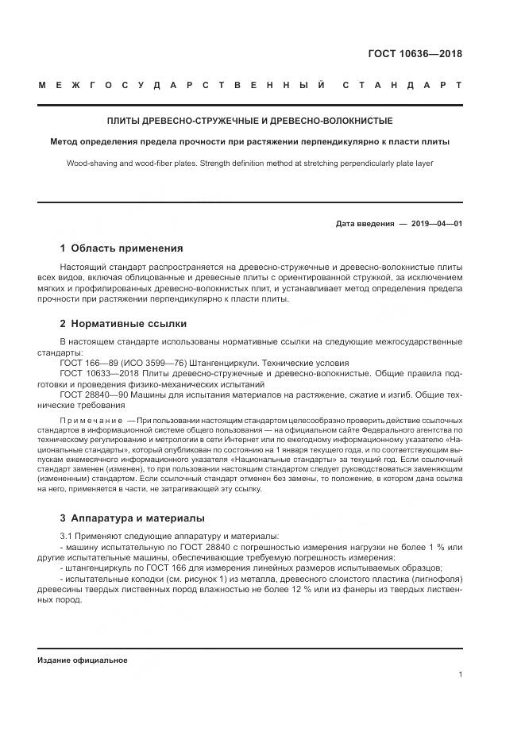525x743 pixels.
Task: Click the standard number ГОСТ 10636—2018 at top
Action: point(415,54)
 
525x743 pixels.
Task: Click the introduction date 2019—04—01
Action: point(436,224)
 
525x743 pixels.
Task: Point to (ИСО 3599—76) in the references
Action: point(137,363)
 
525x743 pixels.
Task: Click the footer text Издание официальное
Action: point(83,660)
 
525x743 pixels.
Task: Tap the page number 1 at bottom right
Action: point(460,675)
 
